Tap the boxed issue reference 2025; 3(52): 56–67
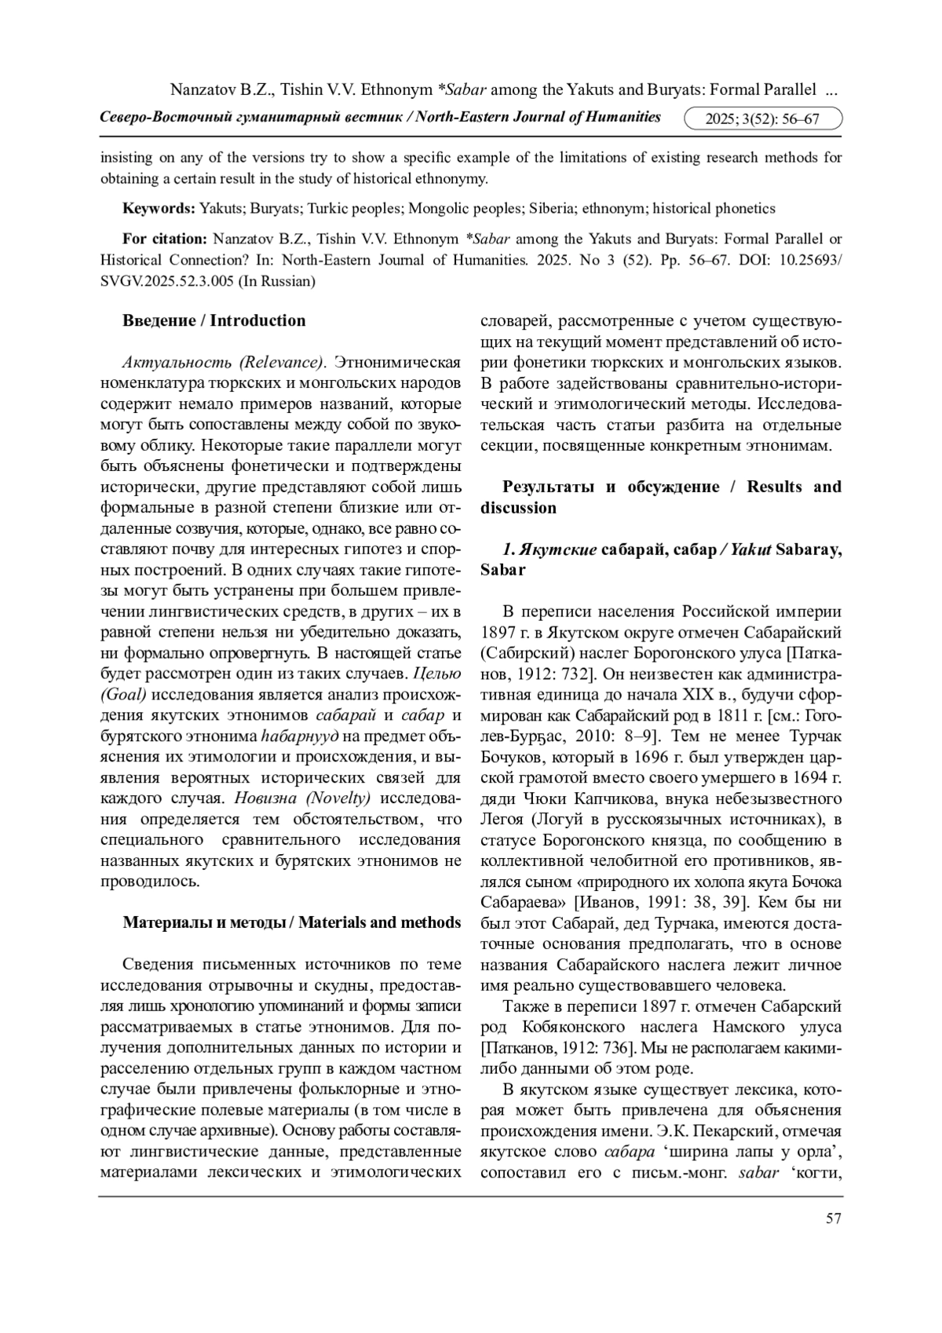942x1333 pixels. coord(762,119)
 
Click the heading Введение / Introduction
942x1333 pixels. coord(214,320)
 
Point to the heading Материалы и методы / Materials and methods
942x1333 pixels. coord(291,922)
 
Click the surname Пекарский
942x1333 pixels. coord(724,1131)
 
